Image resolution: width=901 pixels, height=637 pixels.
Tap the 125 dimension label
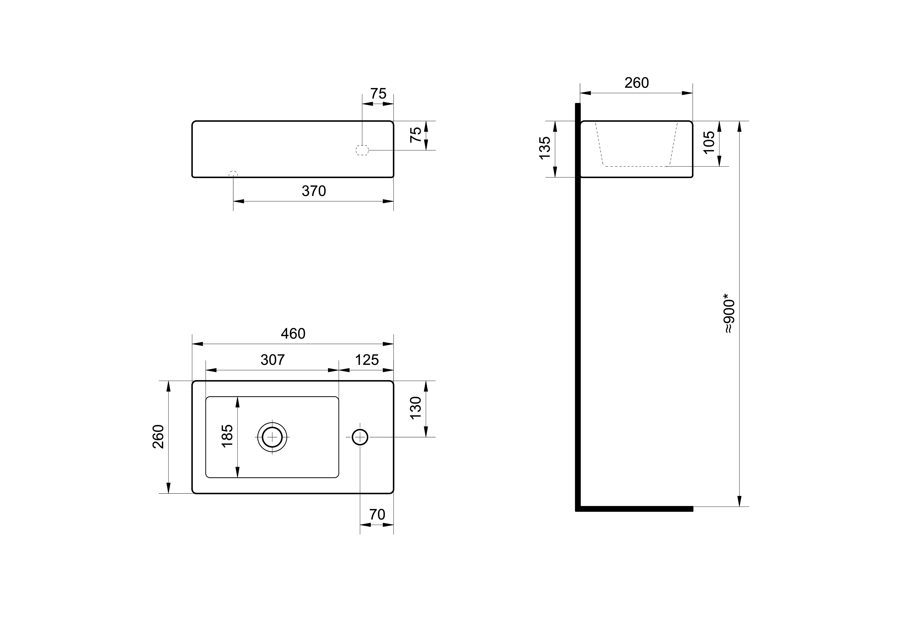click(x=367, y=360)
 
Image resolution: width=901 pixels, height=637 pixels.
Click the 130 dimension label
click(x=415, y=408)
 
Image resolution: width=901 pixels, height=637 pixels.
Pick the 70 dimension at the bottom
click(x=377, y=515)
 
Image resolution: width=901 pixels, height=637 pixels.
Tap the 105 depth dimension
click(x=709, y=143)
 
